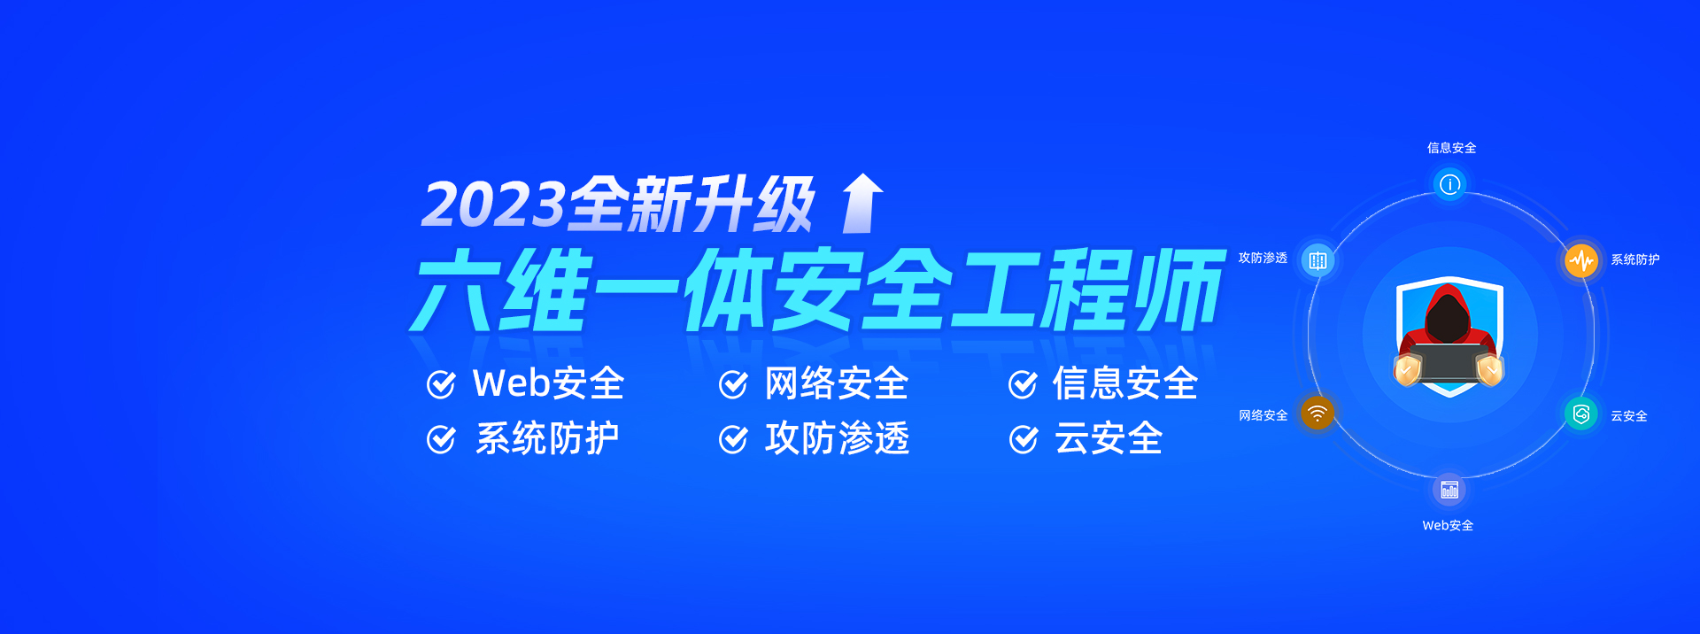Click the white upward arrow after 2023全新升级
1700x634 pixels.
pos(862,203)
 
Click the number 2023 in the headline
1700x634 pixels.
pos(494,205)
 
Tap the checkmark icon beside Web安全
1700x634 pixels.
pos(441,384)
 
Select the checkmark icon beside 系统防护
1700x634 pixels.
pos(441,439)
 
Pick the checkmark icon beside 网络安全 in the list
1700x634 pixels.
pos(733,384)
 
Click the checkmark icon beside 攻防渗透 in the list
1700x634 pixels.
pos(733,439)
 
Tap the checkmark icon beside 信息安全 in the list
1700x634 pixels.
pos(1023,384)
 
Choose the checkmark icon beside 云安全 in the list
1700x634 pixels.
pos(1023,439)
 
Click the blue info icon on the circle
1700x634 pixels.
pos(1449,184)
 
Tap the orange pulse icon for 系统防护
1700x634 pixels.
pos(1581,260)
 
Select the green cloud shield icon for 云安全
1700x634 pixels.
pos(1581,414)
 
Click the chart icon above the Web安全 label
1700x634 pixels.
pos(1449,490)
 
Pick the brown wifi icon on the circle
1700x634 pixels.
pos(1317,414)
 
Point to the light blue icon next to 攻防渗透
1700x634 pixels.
pos(1317,260)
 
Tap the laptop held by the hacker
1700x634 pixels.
pos(1449,363)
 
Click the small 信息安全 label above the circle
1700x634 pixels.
pos(1451,148)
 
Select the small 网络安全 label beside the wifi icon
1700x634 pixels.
pos(1263,415)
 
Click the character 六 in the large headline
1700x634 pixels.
pos(455,290)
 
